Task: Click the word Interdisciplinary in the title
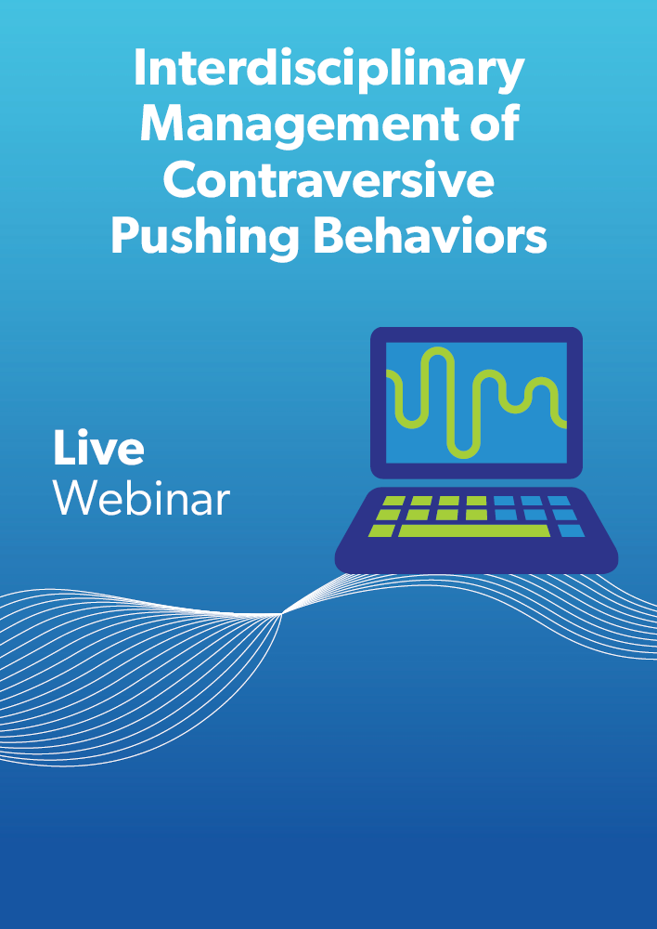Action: pos(328,70)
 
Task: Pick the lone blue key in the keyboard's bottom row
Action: pos(572,530)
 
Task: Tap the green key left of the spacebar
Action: pos(381,530)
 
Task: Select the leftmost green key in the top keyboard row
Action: pos(394,502)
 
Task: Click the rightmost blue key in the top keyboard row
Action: pos(559,502)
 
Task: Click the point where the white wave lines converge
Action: pos(282,614)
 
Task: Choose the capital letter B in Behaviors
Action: pos(329,235)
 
